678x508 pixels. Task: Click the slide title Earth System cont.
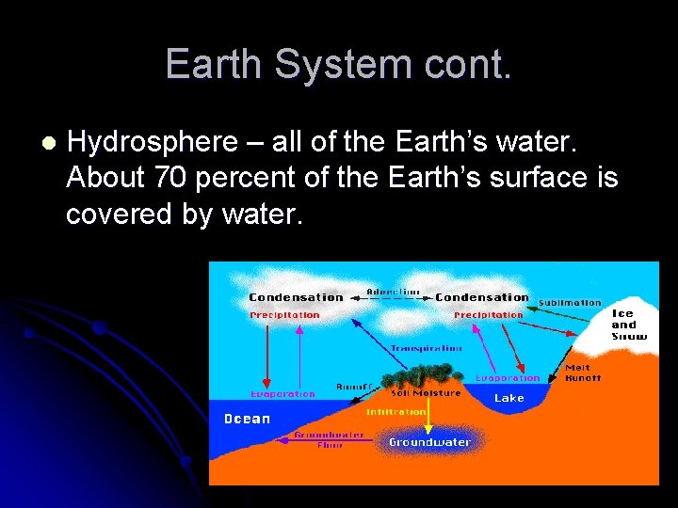coord(339,64)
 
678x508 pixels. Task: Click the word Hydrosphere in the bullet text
coord(153,143)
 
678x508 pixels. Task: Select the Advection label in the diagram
coord(394,292)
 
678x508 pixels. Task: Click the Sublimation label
coord(569,303)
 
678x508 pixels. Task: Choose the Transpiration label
coord(426,348)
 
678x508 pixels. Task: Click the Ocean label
coord(247,420)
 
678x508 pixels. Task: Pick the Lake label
coord(509,399)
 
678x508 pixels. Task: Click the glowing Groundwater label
coord(429,442)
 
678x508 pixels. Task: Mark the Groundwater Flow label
coord(316,440)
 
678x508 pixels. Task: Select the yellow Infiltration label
coord(396,412)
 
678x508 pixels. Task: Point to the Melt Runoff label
coord(582,373)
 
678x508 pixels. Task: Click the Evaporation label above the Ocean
coord(282,394)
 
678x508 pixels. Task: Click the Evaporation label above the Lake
coord(508,378)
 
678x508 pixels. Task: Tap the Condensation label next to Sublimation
coord(481,297)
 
